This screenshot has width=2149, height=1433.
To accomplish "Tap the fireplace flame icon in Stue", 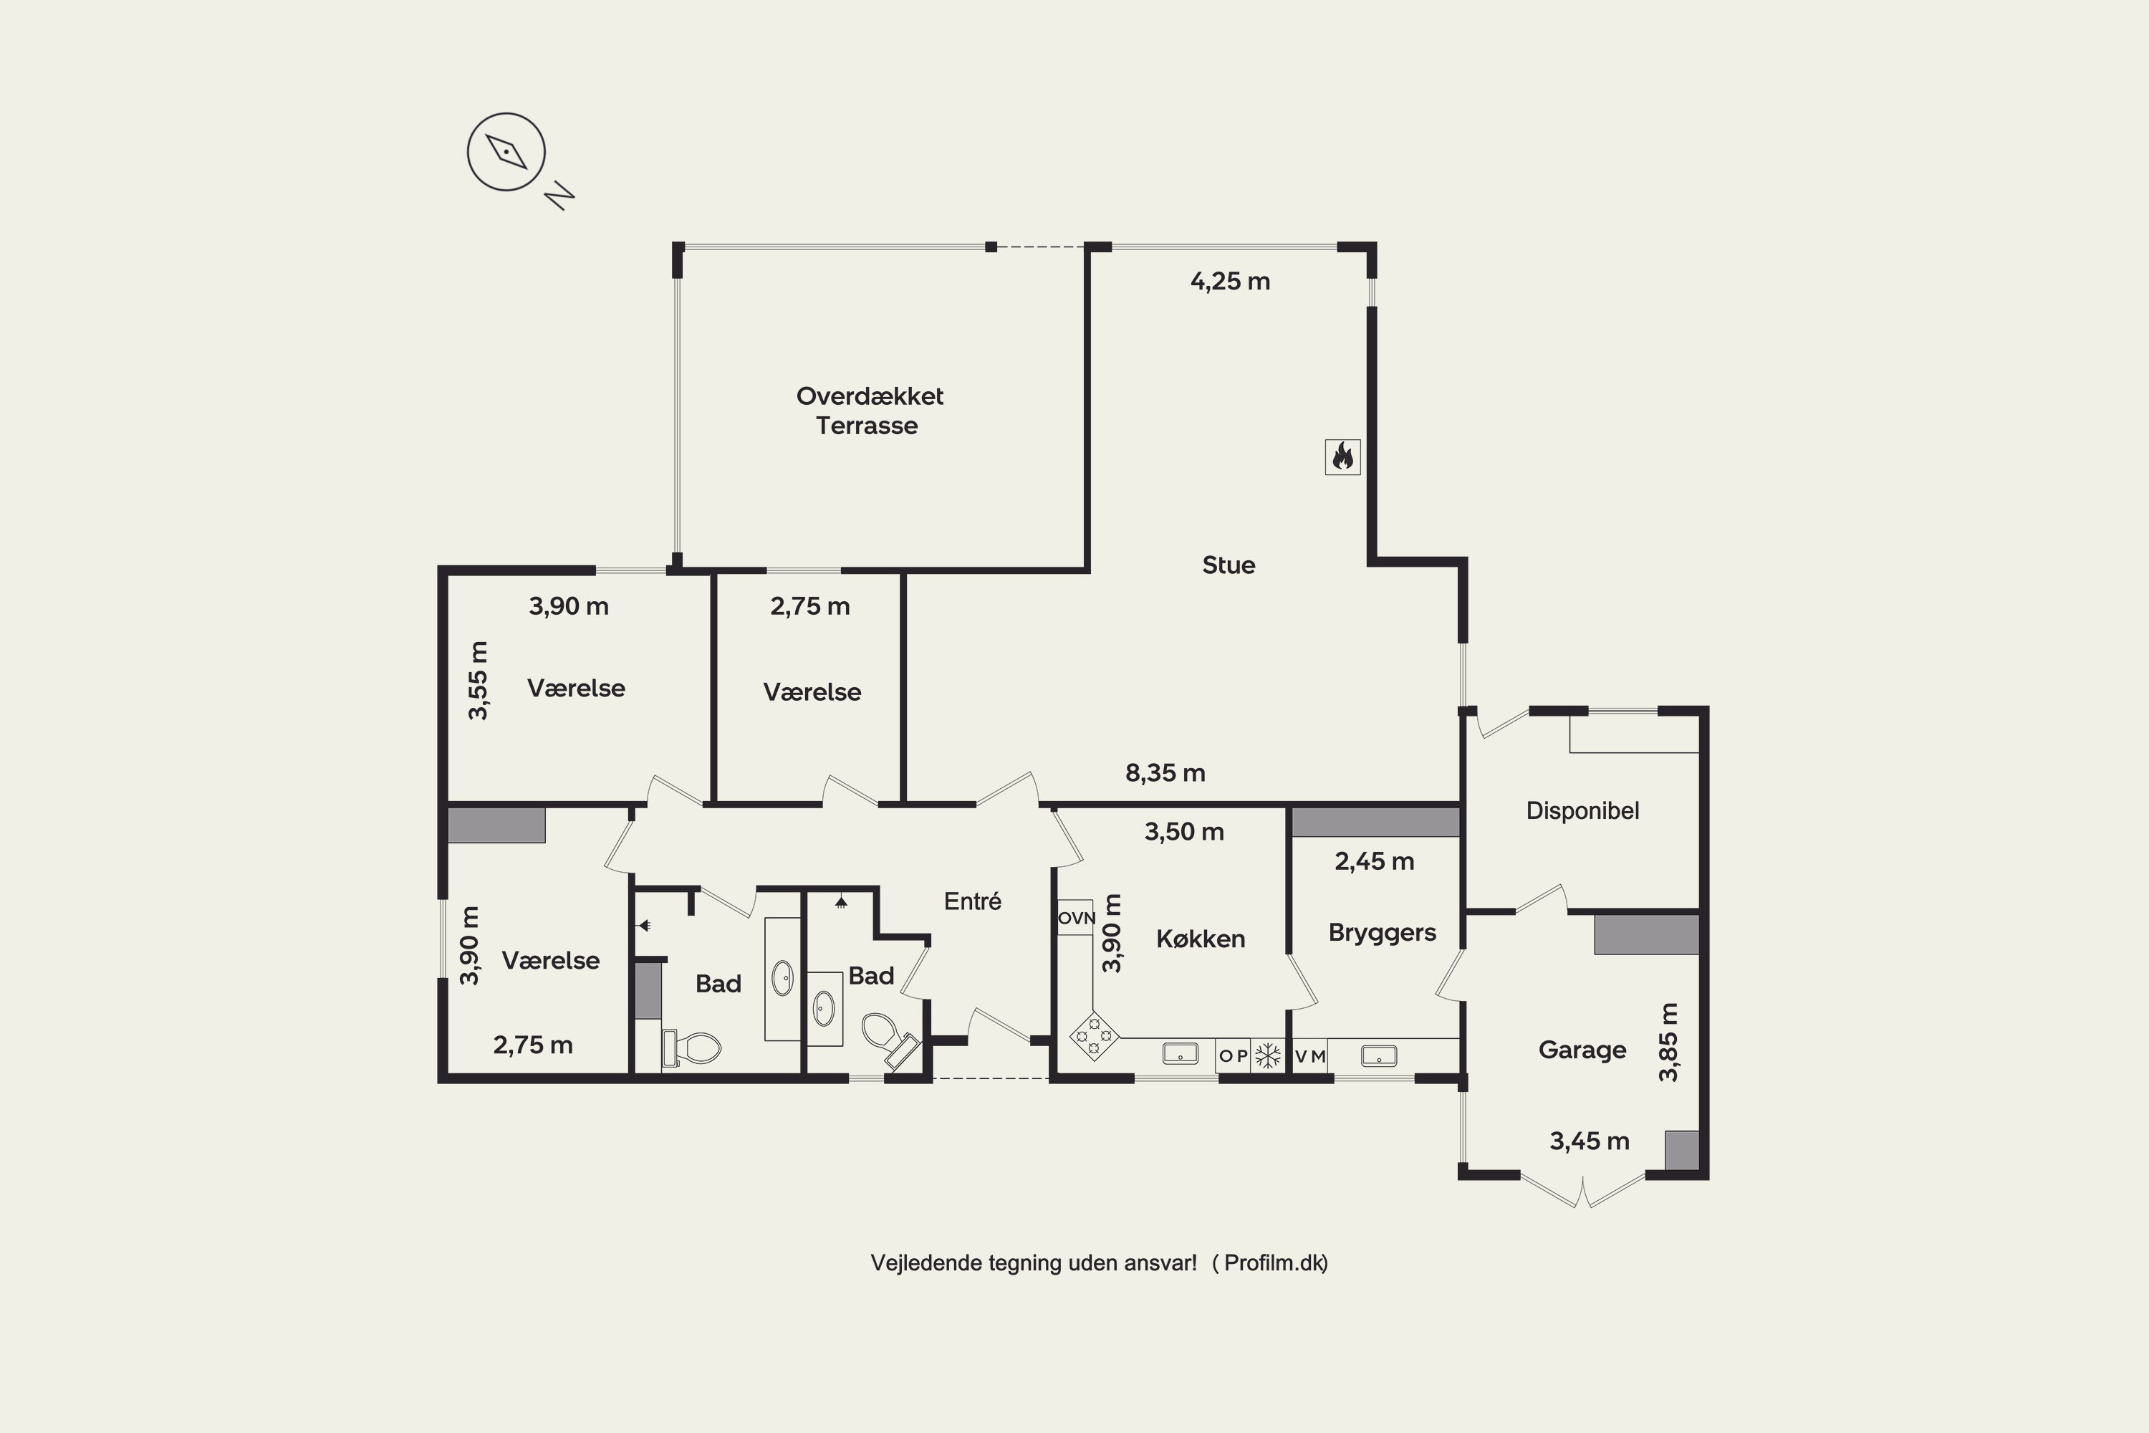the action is pyautogui.click(x=1342, y=456).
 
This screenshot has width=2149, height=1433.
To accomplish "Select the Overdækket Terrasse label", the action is pyautogui.click(x=869, y=411).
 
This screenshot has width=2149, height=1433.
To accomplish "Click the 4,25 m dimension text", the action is pyautogui.click(x=1230, y=282).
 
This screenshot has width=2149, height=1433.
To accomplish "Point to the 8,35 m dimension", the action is pyautogui.click(x=1165, y=773).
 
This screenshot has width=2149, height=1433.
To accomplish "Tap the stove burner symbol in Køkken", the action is pyautogui.click(x=1094, y=1035).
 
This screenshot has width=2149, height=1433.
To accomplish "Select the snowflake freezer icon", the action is pyautogui.click(x=1267, y=1055).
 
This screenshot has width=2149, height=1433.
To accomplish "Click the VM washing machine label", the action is pyautogui.click(x=1310, y=1056).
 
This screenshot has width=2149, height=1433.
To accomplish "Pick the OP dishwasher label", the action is pyautogui.click(x=1234, y=1056).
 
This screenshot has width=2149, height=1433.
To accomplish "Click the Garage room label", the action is pyautogui.click(x=1582, y=1050).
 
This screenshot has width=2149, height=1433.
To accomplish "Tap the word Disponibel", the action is pyautogui.click(x=1582, y=810).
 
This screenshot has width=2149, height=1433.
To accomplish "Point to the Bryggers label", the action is pyautogui.click(x=1382, y=933).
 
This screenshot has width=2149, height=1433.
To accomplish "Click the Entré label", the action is pyautogui.click(x=972, y=901).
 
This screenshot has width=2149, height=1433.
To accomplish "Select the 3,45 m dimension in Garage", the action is pyautogui.click(x=1589, y=1141).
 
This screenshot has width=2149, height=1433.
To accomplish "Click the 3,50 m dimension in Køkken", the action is pyautogui.click(x=1184, y=832).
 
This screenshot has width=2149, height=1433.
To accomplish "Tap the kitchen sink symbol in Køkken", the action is pyautogui.click(x=1180, y=1055).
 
